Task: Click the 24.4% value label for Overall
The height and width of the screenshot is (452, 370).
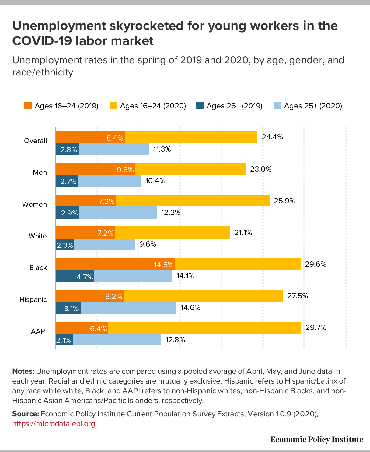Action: [x=272, y=137]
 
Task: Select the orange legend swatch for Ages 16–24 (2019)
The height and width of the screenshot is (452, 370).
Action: [x=28, y=106]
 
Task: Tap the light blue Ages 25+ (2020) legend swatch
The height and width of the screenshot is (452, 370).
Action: [x=277, y=106]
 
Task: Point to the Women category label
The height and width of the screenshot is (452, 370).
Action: [x=34, y=204]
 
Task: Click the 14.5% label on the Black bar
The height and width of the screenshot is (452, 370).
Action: [x=164, y=265]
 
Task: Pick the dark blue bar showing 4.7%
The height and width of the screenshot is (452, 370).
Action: [x=75, y=276]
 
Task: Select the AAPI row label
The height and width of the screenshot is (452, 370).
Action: [x=39, y=331]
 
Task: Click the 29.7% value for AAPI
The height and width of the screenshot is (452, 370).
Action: [x=316, y=328]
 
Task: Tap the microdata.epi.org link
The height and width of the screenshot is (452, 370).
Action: [x=54, y=424]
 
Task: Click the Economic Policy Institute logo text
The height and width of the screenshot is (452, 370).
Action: [x=316, y=439]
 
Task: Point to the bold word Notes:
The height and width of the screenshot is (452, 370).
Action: [x=23, y=371]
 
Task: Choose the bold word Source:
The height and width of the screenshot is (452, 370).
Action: [x=26, y=414]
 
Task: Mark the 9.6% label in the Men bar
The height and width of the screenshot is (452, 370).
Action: [x=125, y=170]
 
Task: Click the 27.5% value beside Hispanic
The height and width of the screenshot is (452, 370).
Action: [x=298, y=296]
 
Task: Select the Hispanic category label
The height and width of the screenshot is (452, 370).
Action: [x=33, y=300]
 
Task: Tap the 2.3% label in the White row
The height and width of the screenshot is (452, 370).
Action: [x=65, y=245]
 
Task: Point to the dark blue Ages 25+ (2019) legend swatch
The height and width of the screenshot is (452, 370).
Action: [x=200, y=106]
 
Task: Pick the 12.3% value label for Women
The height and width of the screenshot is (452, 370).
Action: [x=171, y=212]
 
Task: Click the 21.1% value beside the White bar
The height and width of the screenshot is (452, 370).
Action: [x=243, y=233]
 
